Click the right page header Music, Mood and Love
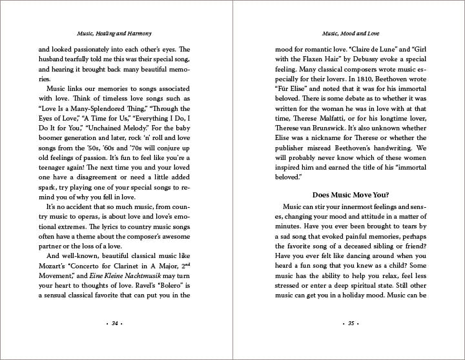tap(349, 32)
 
